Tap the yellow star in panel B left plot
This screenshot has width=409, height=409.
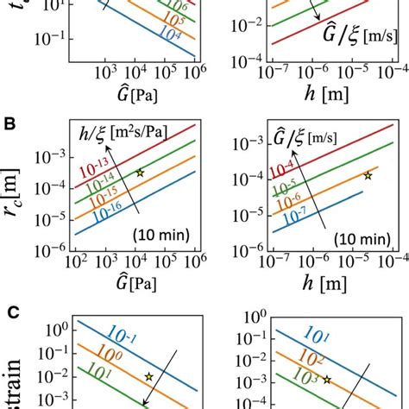[x=140, y=173]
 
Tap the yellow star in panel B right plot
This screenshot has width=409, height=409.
[x=368, y=175]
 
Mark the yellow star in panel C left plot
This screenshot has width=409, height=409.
[x=149, y=377]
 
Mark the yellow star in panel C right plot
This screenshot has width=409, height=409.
[x=326, y=379]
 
